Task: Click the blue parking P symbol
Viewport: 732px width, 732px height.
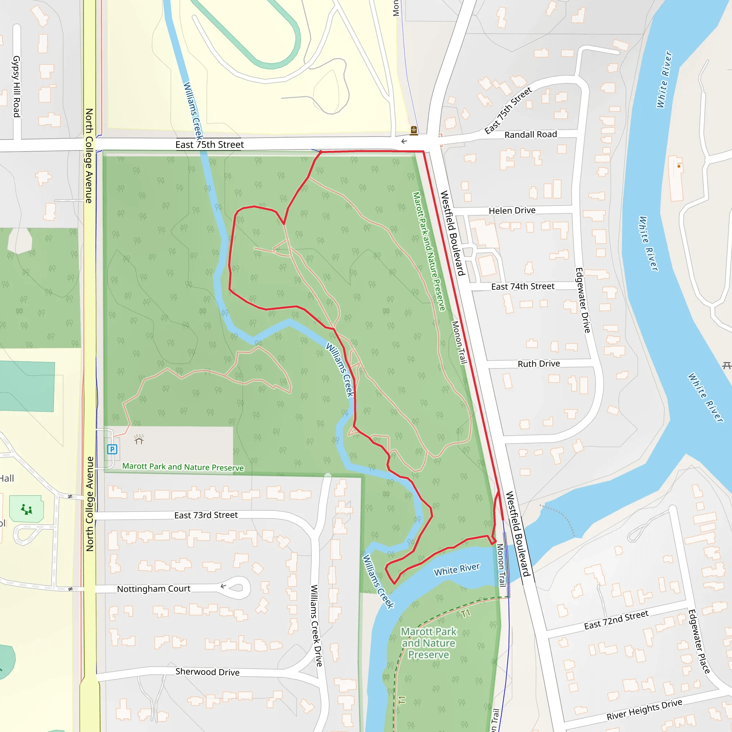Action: (x=112, y=449)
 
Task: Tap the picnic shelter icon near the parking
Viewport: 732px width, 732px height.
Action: (x=139, y=440)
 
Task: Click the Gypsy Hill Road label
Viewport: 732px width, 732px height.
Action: (x=16, y=86)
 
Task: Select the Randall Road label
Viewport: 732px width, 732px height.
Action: (x=530, y=134)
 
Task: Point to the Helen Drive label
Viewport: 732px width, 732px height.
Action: (x=512, y=210)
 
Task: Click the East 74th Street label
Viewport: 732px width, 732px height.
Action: (x=523, y=286)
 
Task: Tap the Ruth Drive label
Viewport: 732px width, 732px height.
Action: (x=538, y=364)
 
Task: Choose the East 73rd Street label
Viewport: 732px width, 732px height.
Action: (x=206, y=515)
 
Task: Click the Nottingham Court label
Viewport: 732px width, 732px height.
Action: (x=153, y=589)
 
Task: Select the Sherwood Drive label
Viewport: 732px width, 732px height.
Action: (x=207, y=672)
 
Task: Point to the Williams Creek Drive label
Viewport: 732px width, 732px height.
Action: (x=316, y=625)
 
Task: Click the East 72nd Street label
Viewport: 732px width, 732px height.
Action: (x=616, y=620)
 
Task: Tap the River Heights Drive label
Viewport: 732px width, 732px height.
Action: (x=644, y=709)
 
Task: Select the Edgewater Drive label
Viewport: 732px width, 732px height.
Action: (x=583, y=300)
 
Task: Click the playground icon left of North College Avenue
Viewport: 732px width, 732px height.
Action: (x=26, y=510)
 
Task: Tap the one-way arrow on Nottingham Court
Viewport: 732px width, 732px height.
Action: (x=223, y=586)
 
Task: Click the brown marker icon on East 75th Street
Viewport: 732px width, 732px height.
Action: (x=414, y=131)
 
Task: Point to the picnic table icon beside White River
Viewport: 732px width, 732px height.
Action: (x=726, y=366)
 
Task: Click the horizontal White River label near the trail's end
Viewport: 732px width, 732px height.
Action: (x=456, y=569)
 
